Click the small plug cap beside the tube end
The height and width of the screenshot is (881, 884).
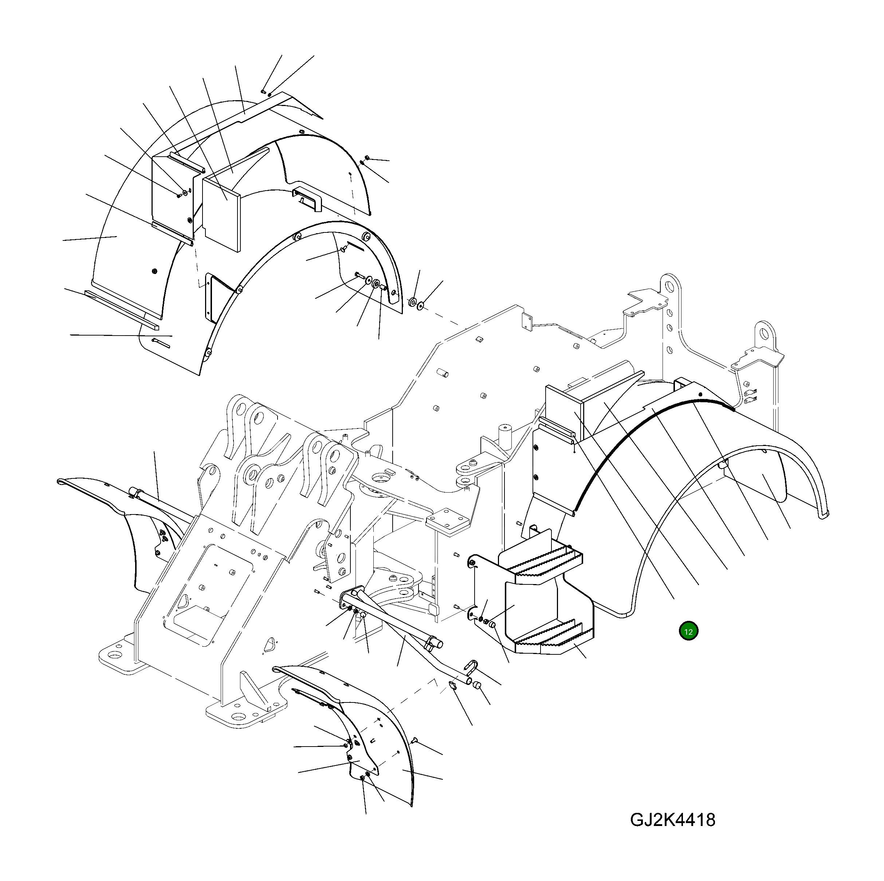pos(477,685)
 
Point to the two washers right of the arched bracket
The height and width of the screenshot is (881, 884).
pos(416,303)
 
